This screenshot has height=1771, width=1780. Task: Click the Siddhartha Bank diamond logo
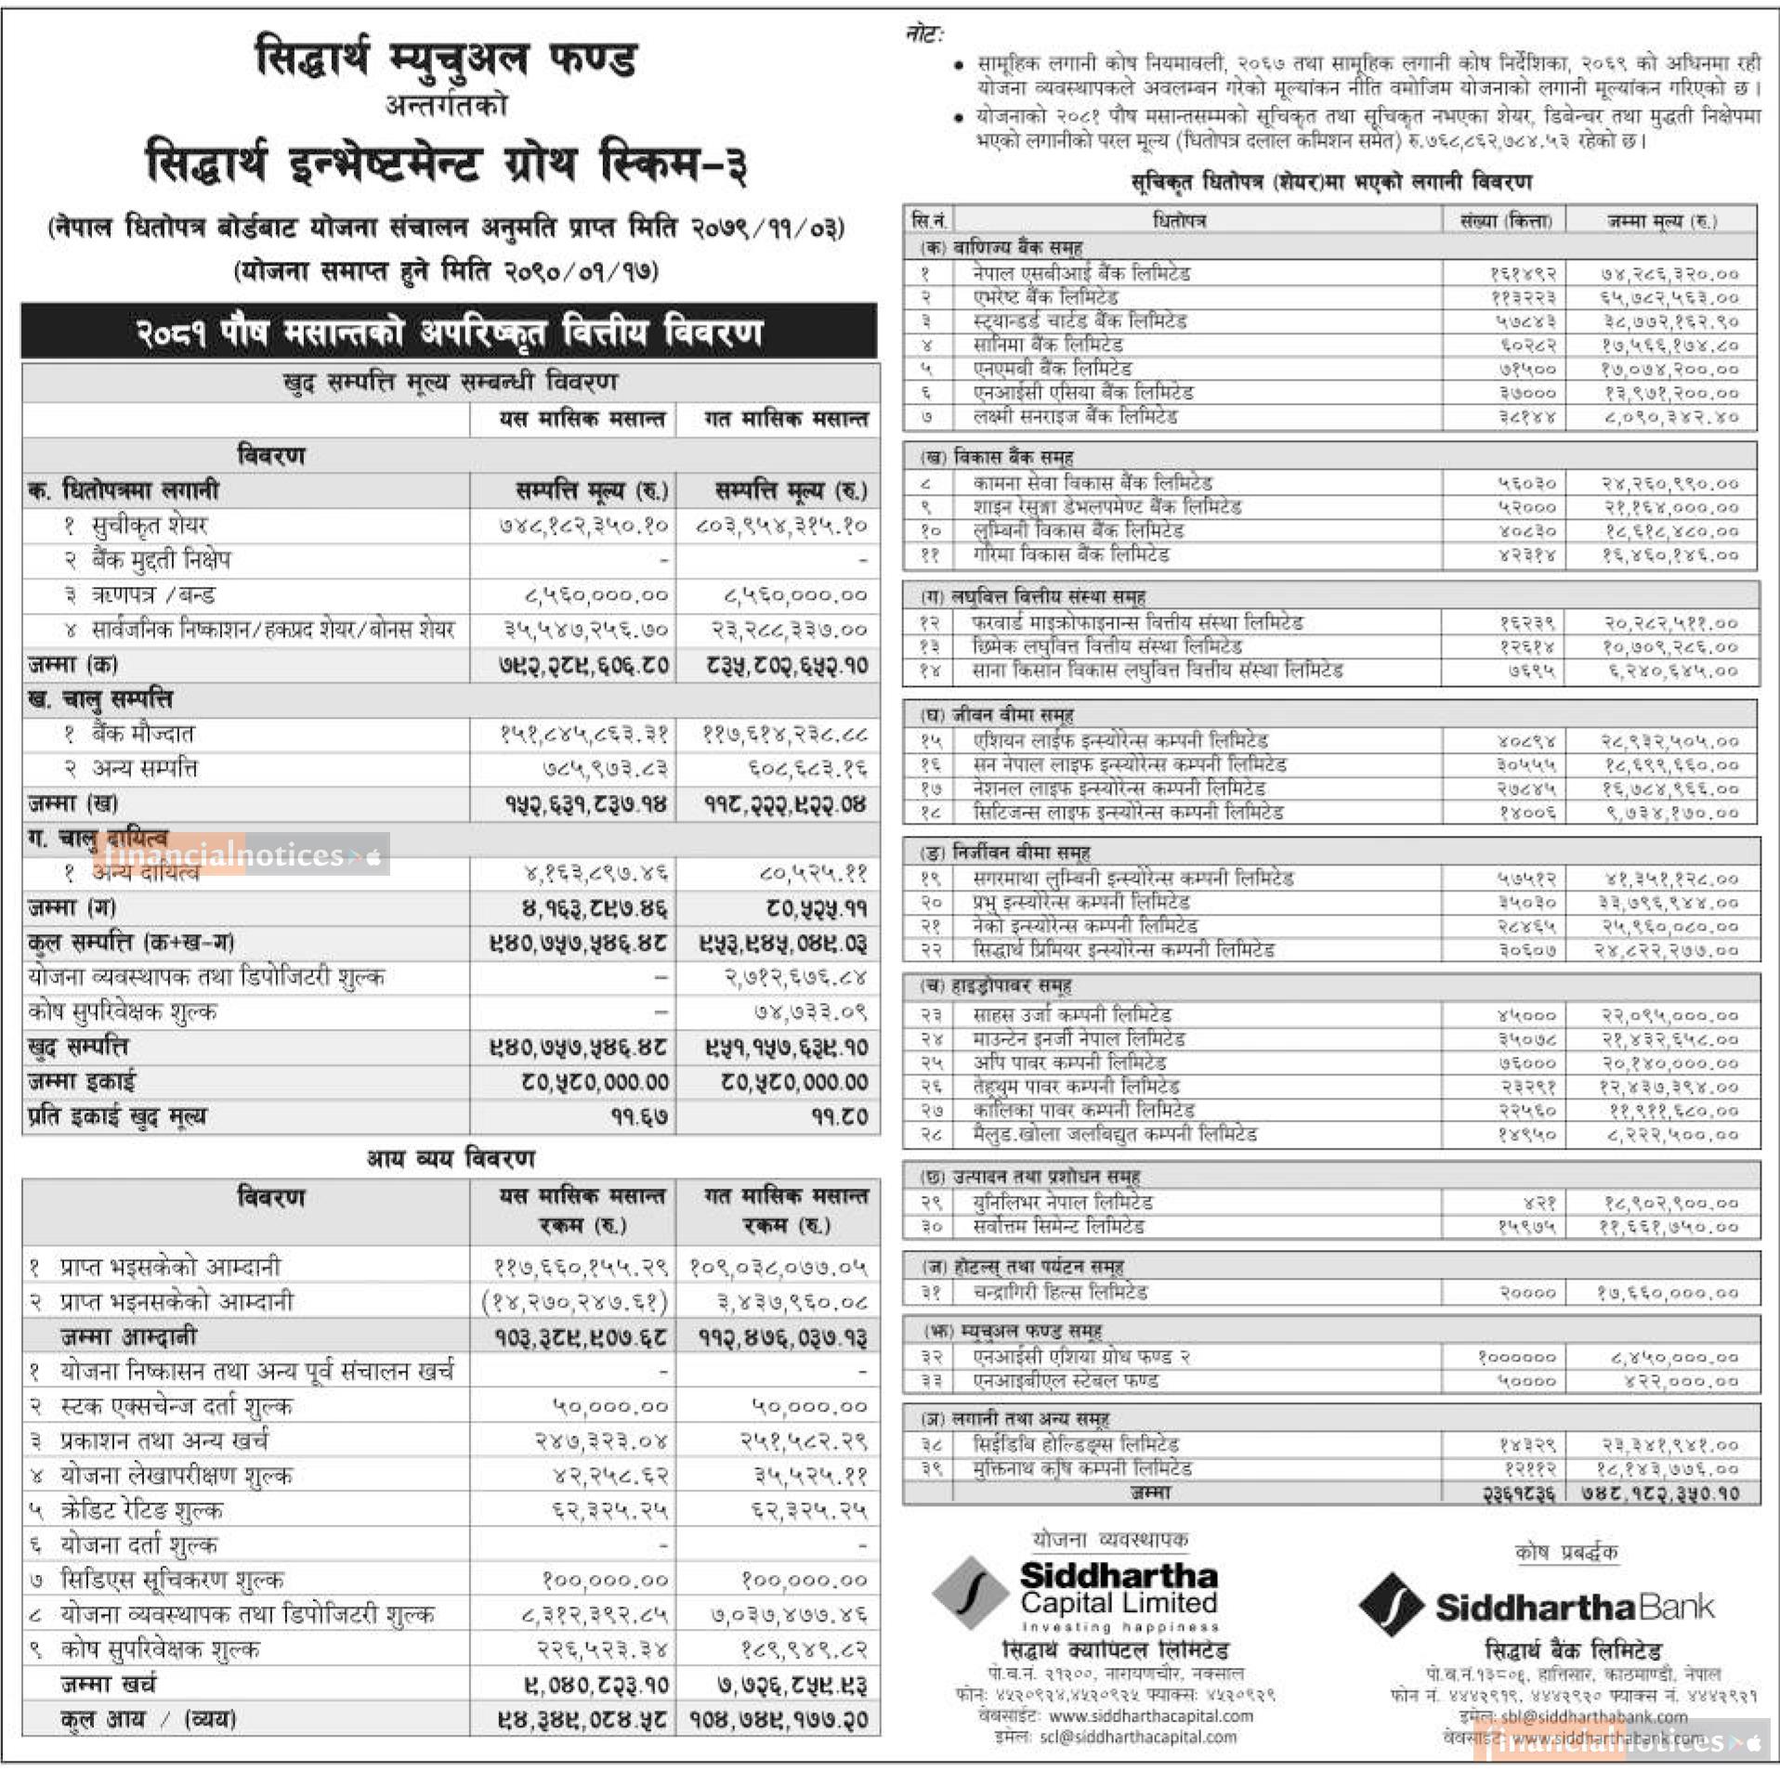pyautogui.click(x=1391, y=1604)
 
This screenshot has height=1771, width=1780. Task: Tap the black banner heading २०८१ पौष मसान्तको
pyautogui.click(x=449, y=332)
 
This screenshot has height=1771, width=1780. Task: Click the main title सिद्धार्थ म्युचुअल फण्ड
pyautogui.click(x=446, y=59)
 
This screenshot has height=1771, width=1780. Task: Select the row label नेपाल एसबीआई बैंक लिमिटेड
pyautogui.click(x=1080, y=274)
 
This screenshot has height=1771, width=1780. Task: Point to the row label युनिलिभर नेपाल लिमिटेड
pyautogui.click(x=1063, y=1203)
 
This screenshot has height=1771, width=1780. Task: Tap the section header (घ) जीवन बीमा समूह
pyautogui.click(x=996, y=715)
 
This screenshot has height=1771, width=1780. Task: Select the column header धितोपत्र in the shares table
pyautogui.click(x=1178, y=221)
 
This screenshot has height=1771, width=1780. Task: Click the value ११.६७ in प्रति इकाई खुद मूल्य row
pyautogui.click(x=639, y=1117)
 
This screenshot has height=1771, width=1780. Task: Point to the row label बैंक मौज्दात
pyautogui.click(x=142, y=735)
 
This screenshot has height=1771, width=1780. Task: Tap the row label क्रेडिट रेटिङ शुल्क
pyautogui.click(x=141, y=1511)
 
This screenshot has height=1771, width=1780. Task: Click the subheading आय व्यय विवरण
pyautogui.click(x=451, y=1159)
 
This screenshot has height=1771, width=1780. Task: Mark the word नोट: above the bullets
pyautogui.click(x=923, y=35)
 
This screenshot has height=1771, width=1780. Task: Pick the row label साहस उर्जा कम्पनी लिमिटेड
pyautogui.click(x=1071, y=1015)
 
